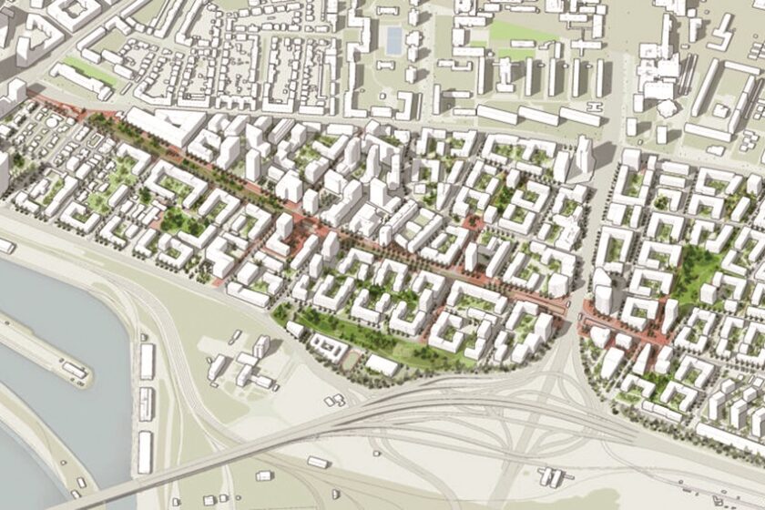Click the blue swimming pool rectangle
tap(393, 38)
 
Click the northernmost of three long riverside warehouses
tap(147, 361)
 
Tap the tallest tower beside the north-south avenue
tap(584, 155)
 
